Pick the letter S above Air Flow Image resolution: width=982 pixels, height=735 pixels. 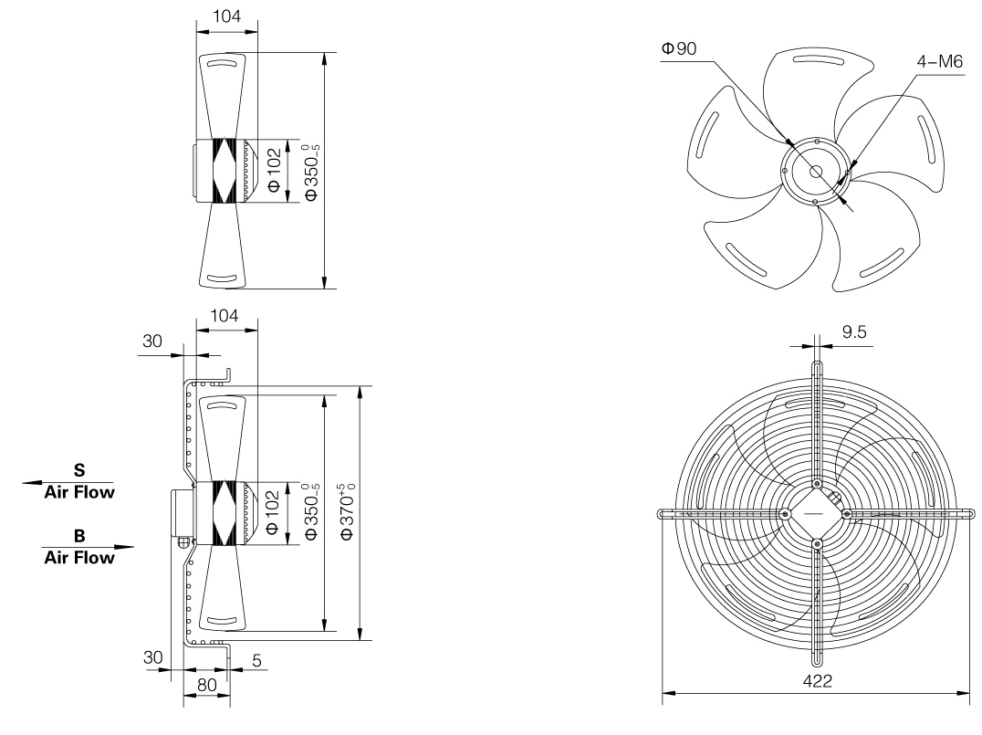[x=79, y=471]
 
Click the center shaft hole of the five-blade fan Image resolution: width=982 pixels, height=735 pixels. [x=814, y=170]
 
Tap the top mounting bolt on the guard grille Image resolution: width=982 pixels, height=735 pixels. [x=817, y=485]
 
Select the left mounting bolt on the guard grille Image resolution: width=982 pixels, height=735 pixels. [x=785, y=515]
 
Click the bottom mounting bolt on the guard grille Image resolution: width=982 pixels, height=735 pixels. [x=817, y=545]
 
